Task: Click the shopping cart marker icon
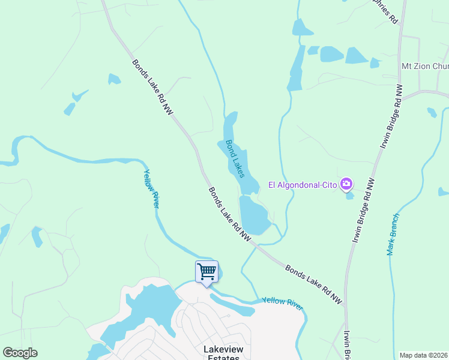click(x=207, y=271)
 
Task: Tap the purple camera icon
click(x=346, y=184)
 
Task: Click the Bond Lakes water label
click(x=235, y=158)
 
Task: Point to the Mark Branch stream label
click(x=393, y=235)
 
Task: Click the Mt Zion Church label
click(x=424, y=66)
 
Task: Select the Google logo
click(x=20, y=353)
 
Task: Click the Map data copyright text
click(x=423, y=355)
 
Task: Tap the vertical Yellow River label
click(x=151, y=188)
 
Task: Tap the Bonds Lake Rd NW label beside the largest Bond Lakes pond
click(x=229, y=214)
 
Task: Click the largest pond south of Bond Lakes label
click(x=255, y=215)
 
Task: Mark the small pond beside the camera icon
click(x=350, y=196)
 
